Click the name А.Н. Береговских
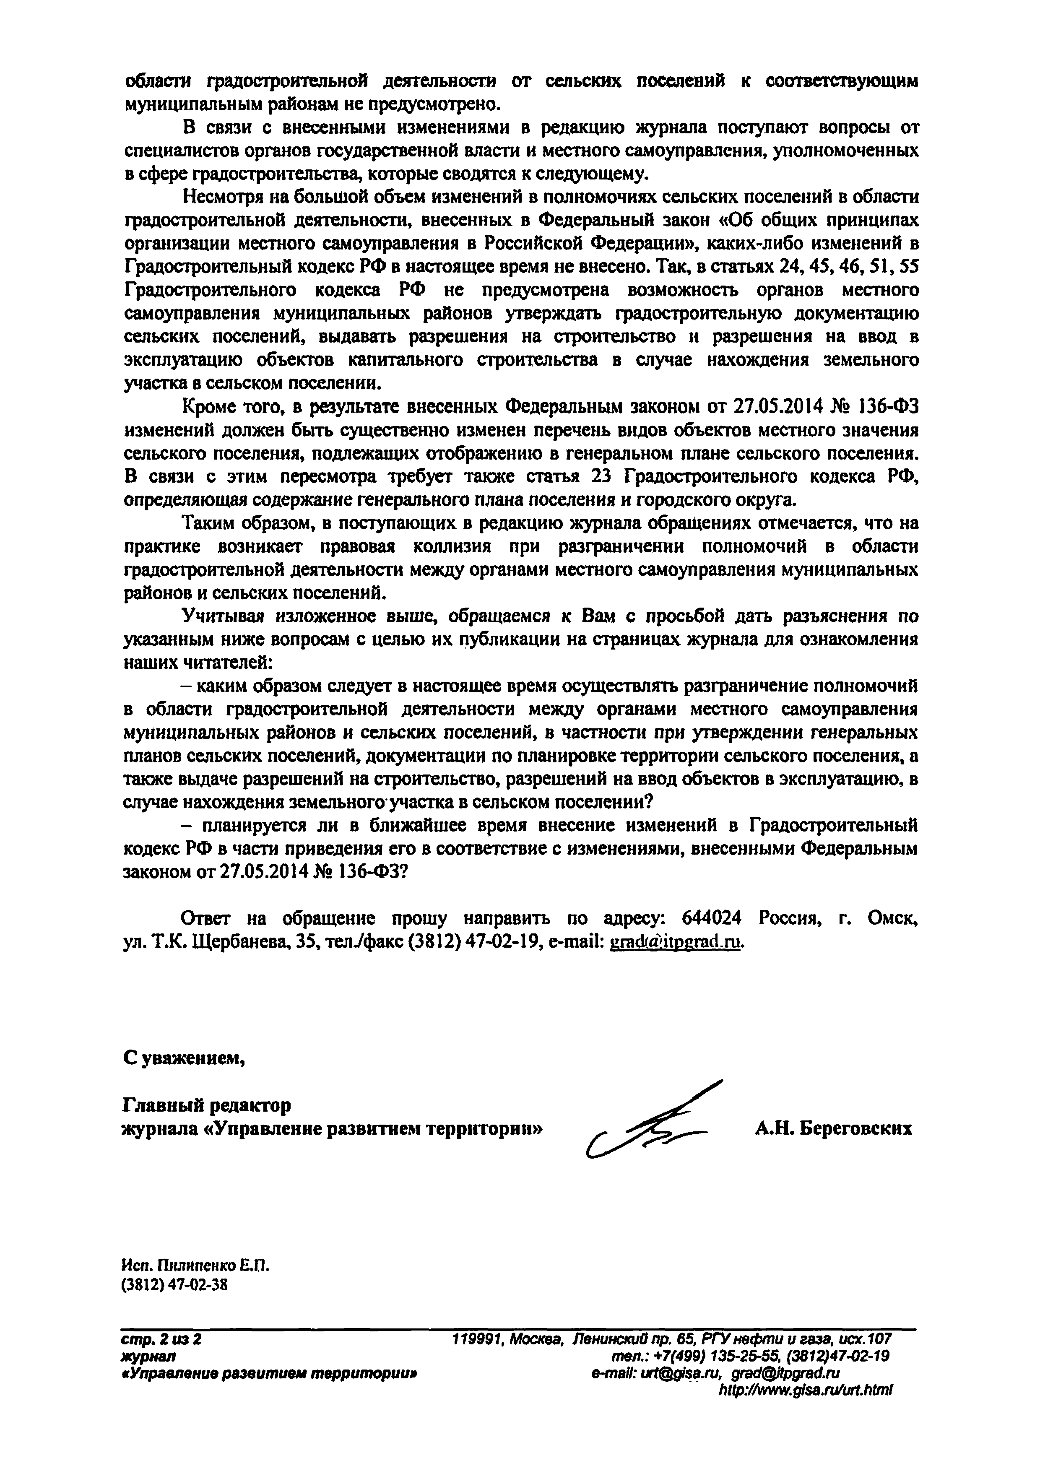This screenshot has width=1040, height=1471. [833, 1128]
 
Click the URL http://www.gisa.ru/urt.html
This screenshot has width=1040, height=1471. [806, 1391]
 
